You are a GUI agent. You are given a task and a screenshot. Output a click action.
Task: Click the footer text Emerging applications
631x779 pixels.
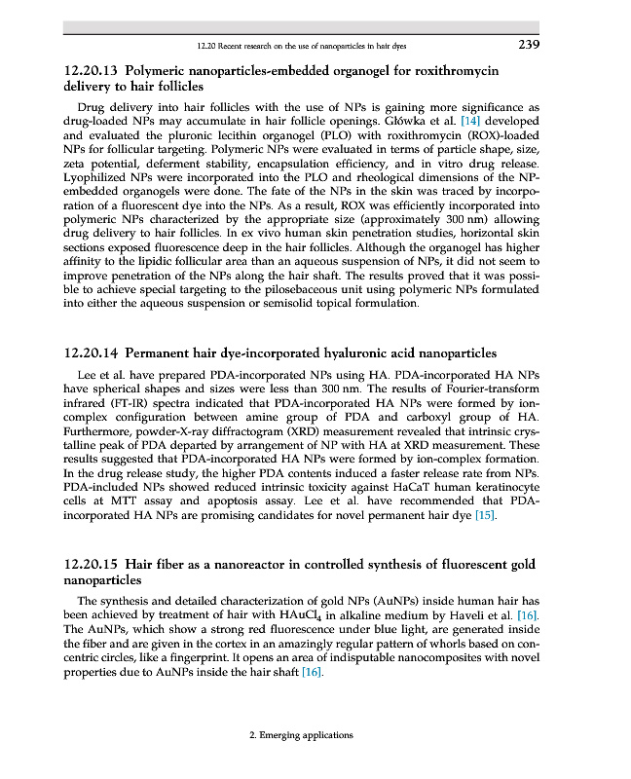(302, 735)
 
